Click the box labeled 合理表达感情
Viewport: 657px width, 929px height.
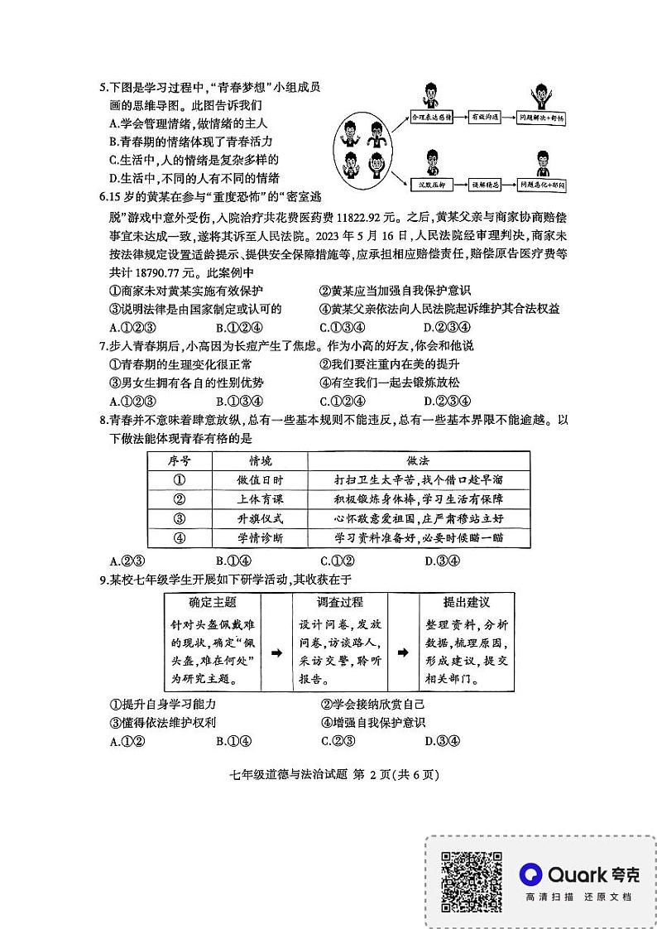pos(431,118)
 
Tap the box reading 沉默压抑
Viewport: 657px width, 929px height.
pos(431,185)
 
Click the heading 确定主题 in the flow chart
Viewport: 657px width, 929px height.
pos(213,602)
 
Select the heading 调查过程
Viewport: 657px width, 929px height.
pos(339,602)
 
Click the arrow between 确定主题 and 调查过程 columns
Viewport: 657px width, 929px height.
pos(276,652)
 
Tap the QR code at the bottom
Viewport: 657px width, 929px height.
pos(470,882)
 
